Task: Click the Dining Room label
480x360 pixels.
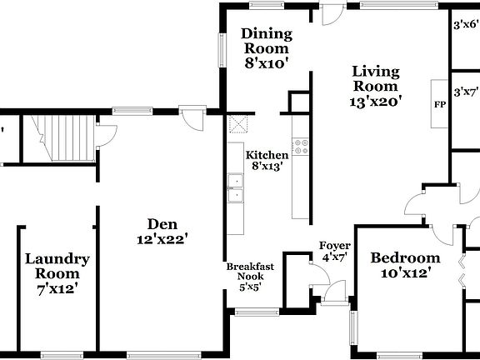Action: tap(267, 47)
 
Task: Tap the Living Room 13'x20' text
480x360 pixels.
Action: tap(376, 86)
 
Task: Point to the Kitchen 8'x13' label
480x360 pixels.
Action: tap(267, 160)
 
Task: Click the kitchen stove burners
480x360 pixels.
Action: tap(302, 147)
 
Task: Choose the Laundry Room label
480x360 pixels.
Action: tap(57, 273)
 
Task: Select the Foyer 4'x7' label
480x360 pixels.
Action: tap(336, 251)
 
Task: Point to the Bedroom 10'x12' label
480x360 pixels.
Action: tap(405, 264)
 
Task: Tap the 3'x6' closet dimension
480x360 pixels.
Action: tap(466, 26)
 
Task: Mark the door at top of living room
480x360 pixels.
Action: tap(332, 15)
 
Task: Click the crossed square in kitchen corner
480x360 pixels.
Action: tap(239, 125)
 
